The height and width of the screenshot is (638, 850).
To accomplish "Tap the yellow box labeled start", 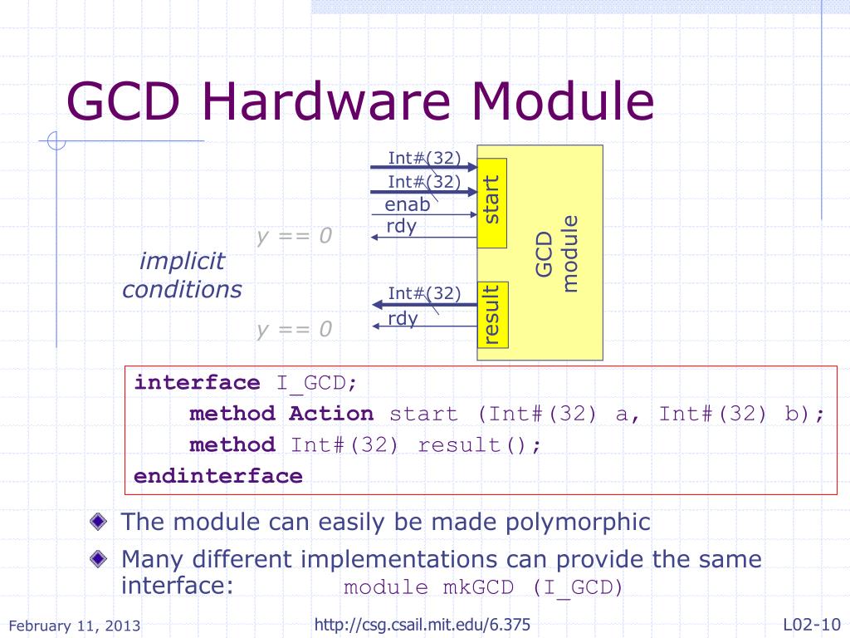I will (492, 202).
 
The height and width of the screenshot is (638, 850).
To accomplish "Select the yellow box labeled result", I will (492, 315).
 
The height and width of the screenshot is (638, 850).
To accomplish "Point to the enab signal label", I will (408, 205).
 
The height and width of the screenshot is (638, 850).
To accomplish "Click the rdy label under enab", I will (401, 226).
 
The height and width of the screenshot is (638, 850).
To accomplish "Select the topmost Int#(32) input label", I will (424, 157).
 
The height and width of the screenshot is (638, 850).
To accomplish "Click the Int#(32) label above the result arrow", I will (424, 293).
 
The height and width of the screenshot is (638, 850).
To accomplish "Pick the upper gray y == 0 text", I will (294, 237).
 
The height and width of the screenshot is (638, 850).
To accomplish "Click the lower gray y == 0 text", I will (294, 330).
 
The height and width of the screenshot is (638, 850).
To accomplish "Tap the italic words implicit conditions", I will (183, 276).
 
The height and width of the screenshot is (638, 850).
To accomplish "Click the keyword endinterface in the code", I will (218, 476).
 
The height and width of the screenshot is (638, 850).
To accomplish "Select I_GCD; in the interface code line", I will (317, 383).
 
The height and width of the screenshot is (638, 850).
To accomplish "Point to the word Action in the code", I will (331, 414).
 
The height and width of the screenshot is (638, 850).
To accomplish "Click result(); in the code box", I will (479, 444).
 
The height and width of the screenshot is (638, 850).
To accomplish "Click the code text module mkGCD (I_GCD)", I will (483, 588).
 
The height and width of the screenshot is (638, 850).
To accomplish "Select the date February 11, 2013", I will (75, 626).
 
